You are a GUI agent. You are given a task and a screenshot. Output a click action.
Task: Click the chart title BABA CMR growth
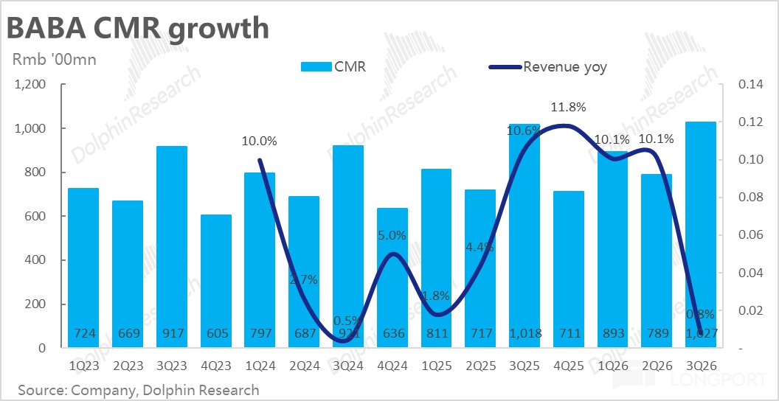[x=137, y=28]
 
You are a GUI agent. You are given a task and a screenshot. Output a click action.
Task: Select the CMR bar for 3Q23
[x=172, y=247]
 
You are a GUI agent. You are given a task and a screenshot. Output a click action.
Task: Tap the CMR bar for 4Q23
[x=216, y=281]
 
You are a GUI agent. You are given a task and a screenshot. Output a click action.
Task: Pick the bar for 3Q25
[x=525, y=236]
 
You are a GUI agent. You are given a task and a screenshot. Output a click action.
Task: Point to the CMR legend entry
[x=333, y=67]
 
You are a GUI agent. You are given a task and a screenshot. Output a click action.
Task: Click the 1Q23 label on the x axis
[x=83, y=365]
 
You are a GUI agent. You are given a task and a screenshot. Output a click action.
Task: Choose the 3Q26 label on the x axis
[x=701, y=365]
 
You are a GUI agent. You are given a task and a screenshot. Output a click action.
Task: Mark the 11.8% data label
[x=568, y=108]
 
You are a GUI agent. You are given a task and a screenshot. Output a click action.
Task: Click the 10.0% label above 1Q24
[x=260, y=142]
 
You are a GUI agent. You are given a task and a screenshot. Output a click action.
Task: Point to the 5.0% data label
[x=392, y=236]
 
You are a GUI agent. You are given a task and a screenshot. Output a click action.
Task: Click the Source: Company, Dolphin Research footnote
[x=139, y=389]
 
